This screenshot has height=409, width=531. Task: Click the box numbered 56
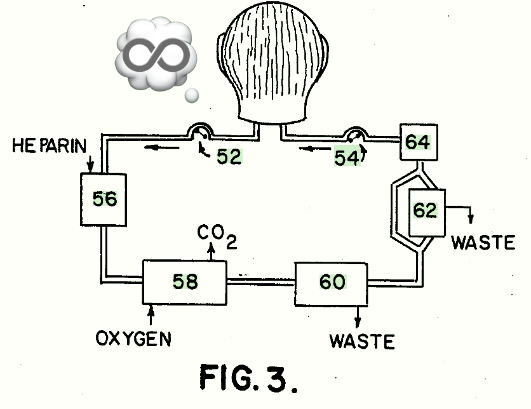point(104,199)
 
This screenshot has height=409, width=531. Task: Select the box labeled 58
point(185,282)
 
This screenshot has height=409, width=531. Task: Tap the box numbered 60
point(331,283)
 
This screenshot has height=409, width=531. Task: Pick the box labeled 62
point(426,211)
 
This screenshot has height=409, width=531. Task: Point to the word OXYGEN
point(133,339)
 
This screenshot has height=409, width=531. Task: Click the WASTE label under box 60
point(362,341)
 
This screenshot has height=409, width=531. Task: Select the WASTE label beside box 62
point(483,242)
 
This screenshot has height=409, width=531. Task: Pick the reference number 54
point(347,158)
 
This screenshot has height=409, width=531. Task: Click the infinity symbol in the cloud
point(152,54)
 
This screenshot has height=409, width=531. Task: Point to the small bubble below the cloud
point(191,95)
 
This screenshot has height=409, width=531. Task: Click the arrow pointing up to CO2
point(212,252)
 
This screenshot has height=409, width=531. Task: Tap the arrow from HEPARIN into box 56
point(90,163)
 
